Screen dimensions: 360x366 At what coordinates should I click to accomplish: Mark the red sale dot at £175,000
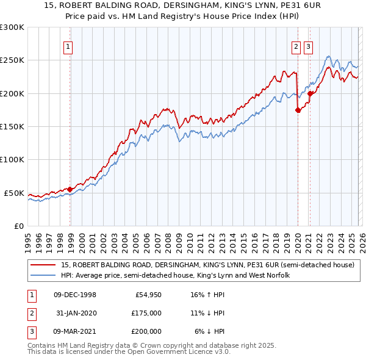tap(298, 110)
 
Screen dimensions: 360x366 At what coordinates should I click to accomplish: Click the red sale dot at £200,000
tap(310, 93)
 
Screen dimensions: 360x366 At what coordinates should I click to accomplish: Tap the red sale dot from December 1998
tap(70, 189)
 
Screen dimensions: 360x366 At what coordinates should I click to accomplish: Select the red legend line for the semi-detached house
tap(43, 265)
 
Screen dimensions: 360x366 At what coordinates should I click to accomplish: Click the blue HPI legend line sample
tap(43, 276)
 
